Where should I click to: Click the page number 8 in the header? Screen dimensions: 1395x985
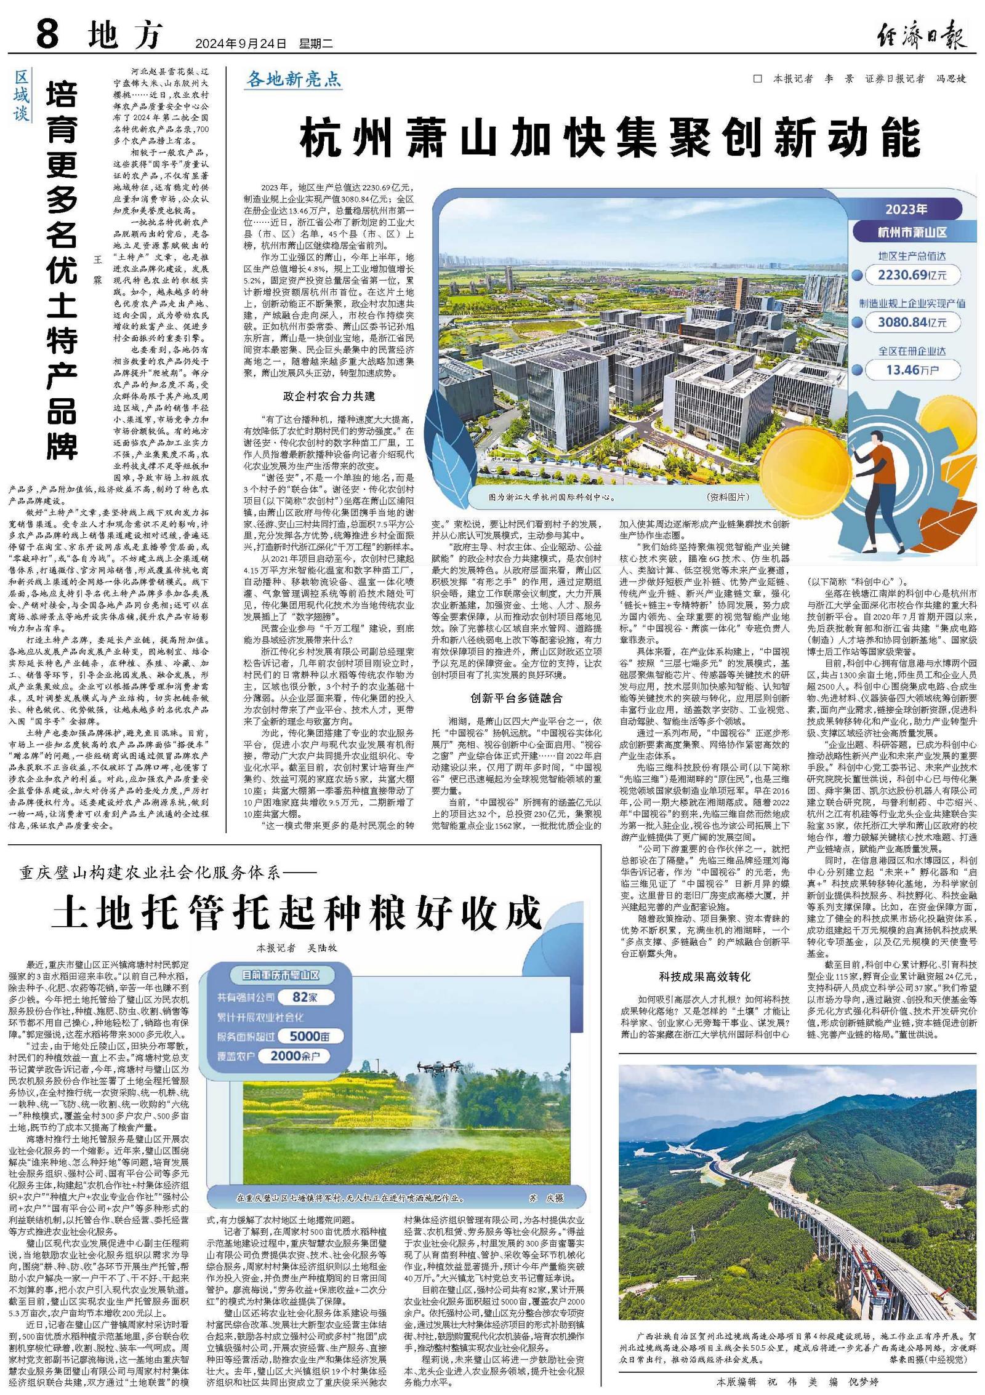(47, 36)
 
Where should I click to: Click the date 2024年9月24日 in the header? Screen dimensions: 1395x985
(241, 44)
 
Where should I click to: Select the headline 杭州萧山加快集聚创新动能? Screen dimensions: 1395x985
(609, 140)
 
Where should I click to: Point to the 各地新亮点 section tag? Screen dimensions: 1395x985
(293, 79)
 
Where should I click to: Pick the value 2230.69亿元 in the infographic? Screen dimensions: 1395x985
(912, 274)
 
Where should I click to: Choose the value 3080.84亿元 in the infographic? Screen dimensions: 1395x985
(912, 322)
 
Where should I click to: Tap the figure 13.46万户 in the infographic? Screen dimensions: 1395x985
(912, 370)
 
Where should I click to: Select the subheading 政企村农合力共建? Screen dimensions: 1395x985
(329, 396)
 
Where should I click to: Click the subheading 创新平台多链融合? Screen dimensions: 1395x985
(517, 698)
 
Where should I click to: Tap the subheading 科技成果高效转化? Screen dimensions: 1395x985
(704, 977)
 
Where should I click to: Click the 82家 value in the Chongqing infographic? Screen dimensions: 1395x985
(296, 997)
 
